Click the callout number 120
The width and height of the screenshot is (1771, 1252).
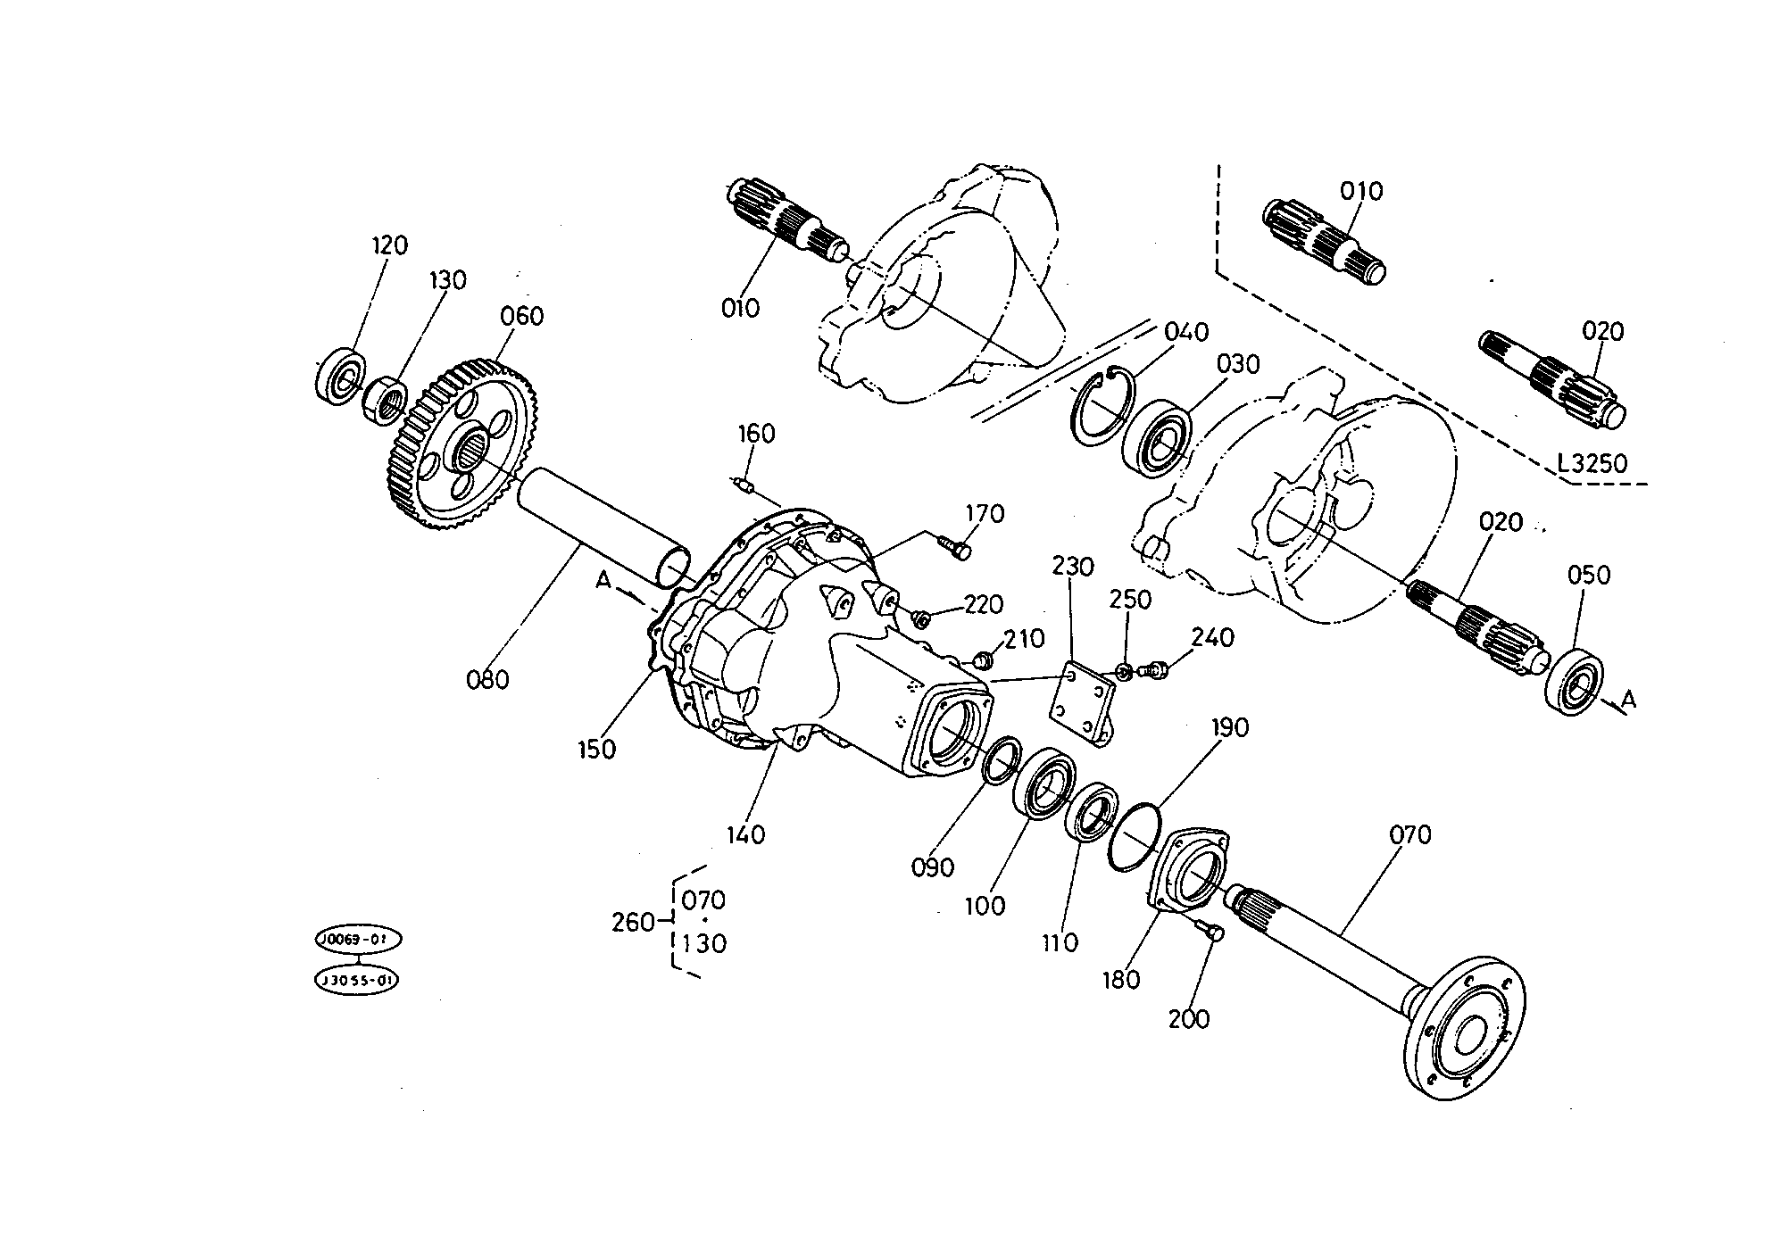tap(389, 245)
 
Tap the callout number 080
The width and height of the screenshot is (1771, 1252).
tap(487, 680)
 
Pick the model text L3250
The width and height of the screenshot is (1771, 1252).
tap(1592, 464)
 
